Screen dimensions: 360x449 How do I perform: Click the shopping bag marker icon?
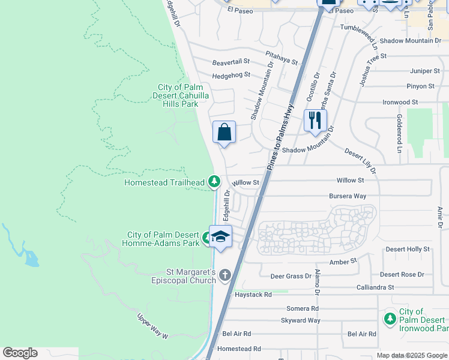[x=224, y=133]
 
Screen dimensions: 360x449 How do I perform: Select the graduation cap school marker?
[x=220, y=237]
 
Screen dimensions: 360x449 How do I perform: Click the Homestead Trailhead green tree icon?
[x=213, y=181]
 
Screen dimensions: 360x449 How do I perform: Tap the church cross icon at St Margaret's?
[x=225, y=275]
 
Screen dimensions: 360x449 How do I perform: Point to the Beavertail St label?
[x=231, y=62]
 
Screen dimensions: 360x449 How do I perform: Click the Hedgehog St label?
[x=231, y=76]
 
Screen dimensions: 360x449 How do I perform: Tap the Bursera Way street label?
[x=348, y=196]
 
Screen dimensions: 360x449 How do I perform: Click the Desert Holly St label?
[x=408, y=249]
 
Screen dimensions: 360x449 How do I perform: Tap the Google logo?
[x=20, y=353]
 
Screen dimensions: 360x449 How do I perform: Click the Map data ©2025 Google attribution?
[x=411, y=355]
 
